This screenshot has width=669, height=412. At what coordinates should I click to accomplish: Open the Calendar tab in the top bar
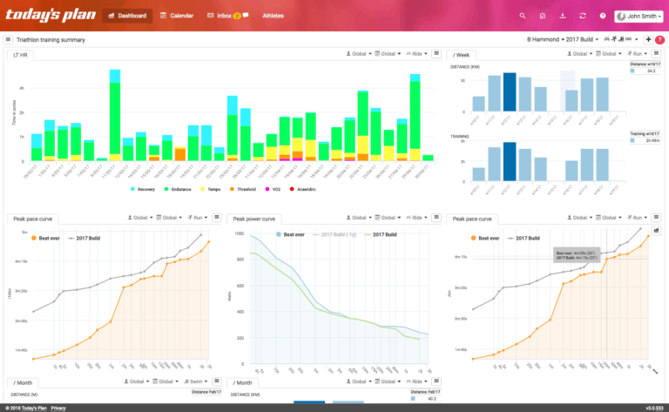pyautogui.click(x=177, y=16)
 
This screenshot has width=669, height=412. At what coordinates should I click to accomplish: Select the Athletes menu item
pyautogui.click(x=273, y=16)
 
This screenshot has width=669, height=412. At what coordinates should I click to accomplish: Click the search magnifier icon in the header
pyautogui.click(x=523, y=16)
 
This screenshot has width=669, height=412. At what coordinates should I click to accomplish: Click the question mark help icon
pyautogui.click(x=604, y=16)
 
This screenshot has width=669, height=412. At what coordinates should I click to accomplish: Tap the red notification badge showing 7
pyautogui.click(x=659, y=40)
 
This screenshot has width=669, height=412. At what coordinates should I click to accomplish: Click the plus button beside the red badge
pyautogui.click(x=647, y=40)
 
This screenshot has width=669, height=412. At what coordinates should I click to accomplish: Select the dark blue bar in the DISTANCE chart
pyautogui.click(x=510, y=91)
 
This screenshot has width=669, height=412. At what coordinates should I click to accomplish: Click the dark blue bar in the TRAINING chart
pyautogui.click(x=510, y=161)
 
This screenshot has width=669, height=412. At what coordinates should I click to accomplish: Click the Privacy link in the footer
pyautogui.click(x=57, y=407)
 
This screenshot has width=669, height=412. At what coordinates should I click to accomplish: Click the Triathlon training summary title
pyautogui.click(x=51, y=40)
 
